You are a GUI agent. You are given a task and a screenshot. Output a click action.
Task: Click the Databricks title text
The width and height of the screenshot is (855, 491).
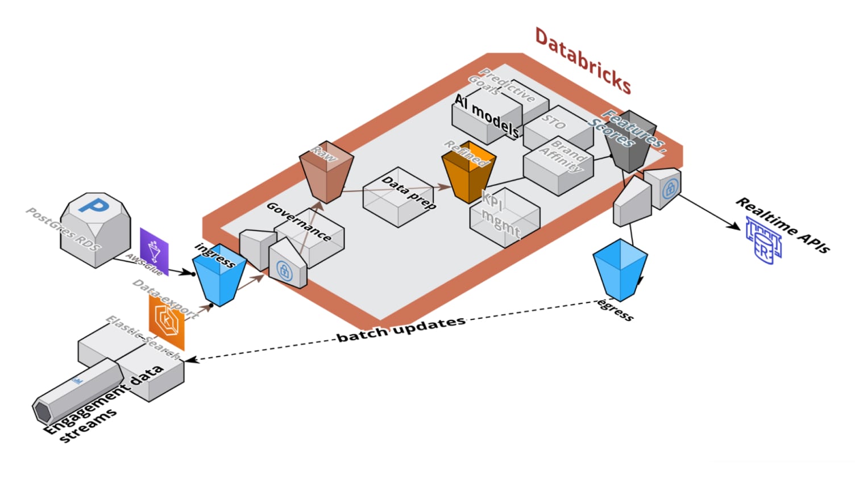[x=583, y=61]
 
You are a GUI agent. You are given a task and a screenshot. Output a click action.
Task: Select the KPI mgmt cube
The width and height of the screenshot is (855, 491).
[x=504, y=217]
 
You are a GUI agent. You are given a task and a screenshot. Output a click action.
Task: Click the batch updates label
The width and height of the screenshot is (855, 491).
[x=401, y=329]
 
